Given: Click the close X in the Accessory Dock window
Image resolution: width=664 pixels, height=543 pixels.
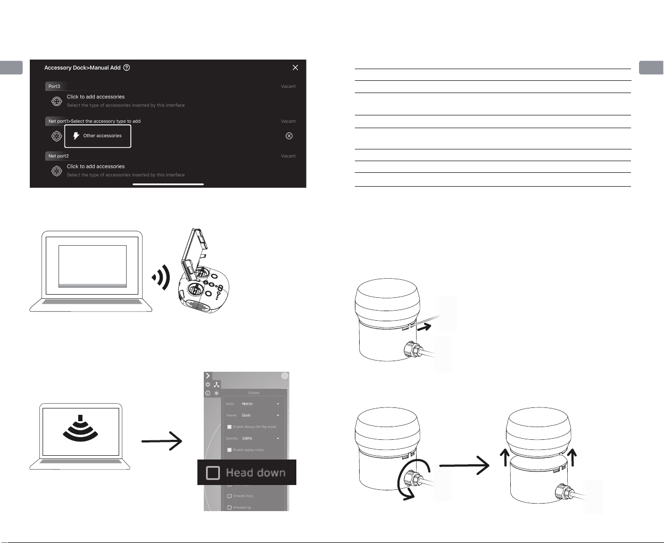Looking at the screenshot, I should pyautogui.click(x=295, y=68).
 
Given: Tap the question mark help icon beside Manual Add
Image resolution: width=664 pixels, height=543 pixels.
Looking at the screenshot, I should pyautogui.click(x=127, y=68).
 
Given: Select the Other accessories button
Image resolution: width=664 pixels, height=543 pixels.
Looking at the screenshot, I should pyautogui.click(x=98, y=136).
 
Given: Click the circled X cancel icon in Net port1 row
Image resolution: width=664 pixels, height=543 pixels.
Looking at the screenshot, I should pyautogui.click(x=289, y=136).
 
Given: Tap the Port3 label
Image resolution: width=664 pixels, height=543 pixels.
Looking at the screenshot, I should pyautogui.click(x=54, y=86).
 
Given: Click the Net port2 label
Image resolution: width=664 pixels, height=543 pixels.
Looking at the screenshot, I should pyautogui.click(x=59, y=156).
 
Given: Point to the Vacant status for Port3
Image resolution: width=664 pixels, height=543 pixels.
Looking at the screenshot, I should pyautogui.click(x=288, y=86).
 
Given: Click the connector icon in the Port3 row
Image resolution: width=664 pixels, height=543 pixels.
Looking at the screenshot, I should pyautogui.click(x=56, y=101).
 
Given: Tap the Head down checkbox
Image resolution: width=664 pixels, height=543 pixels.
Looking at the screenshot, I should pyautogui.click(x=213, y=472).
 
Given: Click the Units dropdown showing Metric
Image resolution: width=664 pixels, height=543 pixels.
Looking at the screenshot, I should pyautogui.click(x=260, y=404).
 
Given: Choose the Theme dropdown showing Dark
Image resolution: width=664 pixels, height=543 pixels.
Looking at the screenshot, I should pyautogui.click(x=260, y=415).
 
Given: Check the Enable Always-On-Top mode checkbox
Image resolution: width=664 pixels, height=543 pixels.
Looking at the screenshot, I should pyautogui.click(x=229, y=427).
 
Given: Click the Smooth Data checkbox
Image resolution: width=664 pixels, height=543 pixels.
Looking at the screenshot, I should pyautogui.click(x=229, y=496).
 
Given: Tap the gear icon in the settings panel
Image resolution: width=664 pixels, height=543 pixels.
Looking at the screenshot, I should pyautogui.click(x=208, y=385).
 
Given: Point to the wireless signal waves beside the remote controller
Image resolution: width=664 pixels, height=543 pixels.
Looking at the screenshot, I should pyautogui.click(x=162, y=277).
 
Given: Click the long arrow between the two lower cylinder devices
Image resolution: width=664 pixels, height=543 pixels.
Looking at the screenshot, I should pyautogui.click(x=464, y=465).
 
